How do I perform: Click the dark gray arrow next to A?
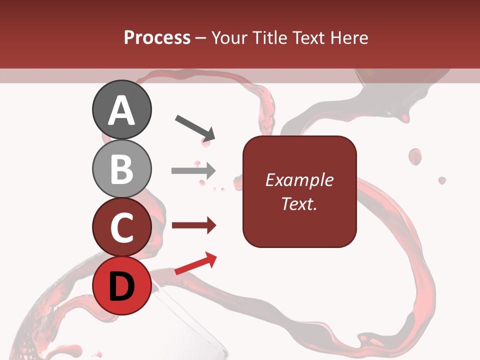[x=195, y=127]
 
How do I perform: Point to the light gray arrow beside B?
[x=193, y=170]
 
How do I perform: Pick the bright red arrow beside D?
[x=195, y=263]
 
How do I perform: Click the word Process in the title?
[x=157, y=38]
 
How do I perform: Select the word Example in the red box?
[x=299, y=180]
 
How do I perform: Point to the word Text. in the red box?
[x=299, y=203]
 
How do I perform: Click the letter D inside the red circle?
[x=122, y=286]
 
